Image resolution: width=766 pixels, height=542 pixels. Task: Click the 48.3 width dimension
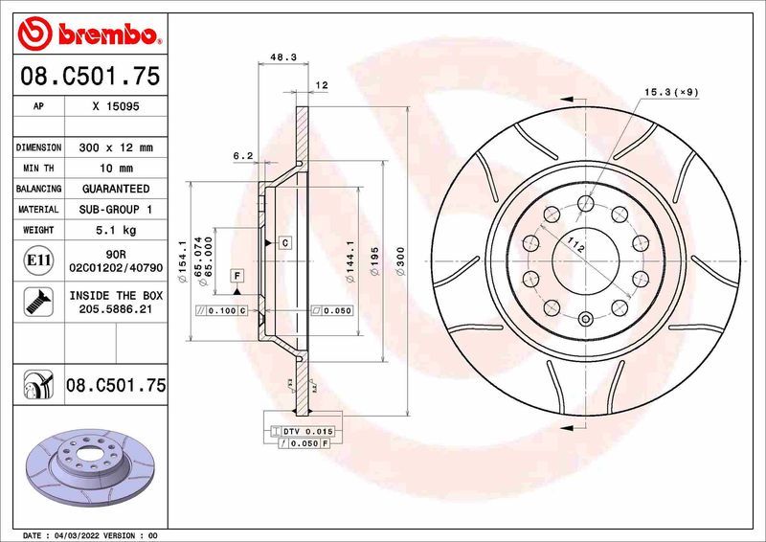(282, 57)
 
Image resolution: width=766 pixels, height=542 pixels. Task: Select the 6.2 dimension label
(242, 155)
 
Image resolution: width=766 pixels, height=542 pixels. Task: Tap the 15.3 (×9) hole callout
(670, 92)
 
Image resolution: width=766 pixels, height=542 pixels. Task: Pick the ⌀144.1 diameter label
(350, 259)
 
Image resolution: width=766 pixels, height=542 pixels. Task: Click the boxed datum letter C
(285, 243)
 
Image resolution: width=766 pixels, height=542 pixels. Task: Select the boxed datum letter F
(235, 276)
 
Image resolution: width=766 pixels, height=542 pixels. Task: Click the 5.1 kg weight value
(117, 230)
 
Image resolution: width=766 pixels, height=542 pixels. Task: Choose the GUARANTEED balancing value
(116, 189)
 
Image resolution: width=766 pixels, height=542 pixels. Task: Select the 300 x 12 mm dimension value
(117, 147)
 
